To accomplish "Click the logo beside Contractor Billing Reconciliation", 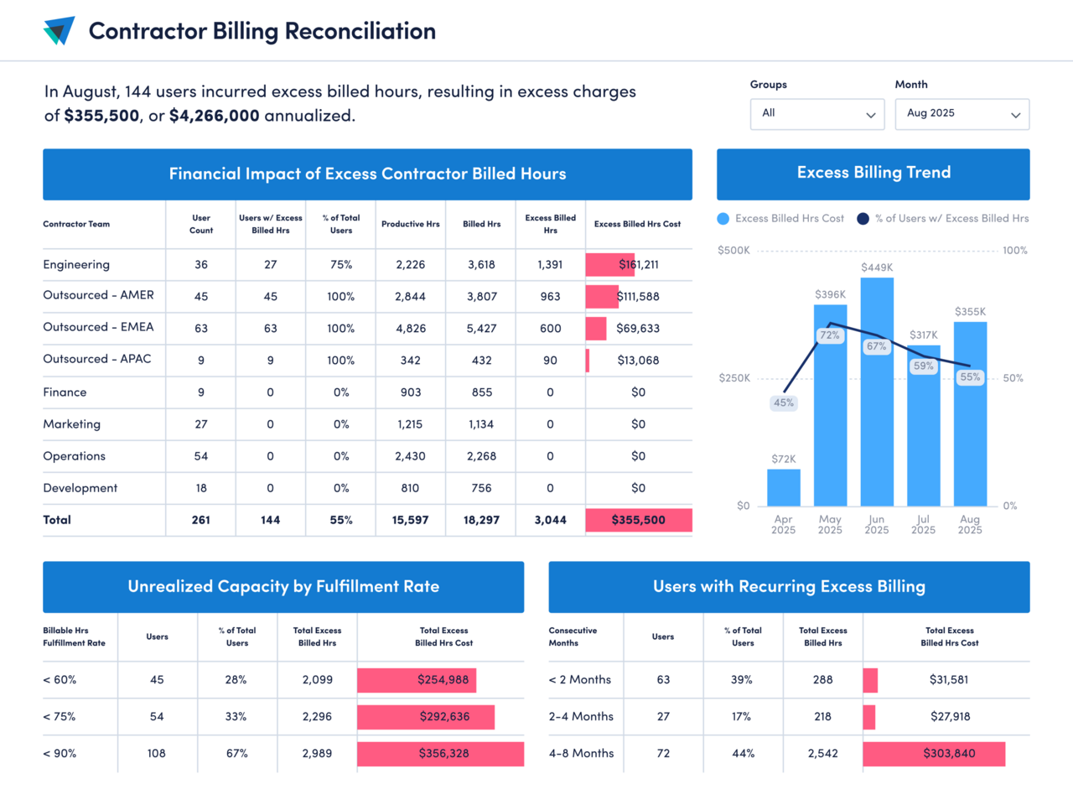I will click(x=59, y=31).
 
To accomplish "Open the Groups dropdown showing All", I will click(x=817, y=114).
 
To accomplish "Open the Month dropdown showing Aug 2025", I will click(x=962, y=114).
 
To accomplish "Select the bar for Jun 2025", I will click(x=876, y=402).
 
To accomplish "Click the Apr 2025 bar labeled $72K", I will click(x=783, y=487).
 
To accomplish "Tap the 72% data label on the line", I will click(x=830, y=335).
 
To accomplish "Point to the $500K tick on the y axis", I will click(x=733, y=251).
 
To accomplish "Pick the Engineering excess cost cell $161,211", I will click(x=639, y=265).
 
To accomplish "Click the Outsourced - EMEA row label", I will click(x=98, y=327).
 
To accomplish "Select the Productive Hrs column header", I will click(x=410, y=224).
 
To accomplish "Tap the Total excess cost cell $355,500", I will click(x=639, y=520).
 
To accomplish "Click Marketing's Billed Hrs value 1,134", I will click(x=481, y=424).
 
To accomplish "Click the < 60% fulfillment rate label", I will click(x=60, y=680).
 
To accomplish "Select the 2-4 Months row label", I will click(x=581, y=717).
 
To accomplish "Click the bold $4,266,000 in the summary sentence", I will click(x=214, y=116).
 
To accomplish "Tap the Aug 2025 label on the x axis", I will click(x=969, y=525).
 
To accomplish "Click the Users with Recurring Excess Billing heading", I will click(x=789, y=587).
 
